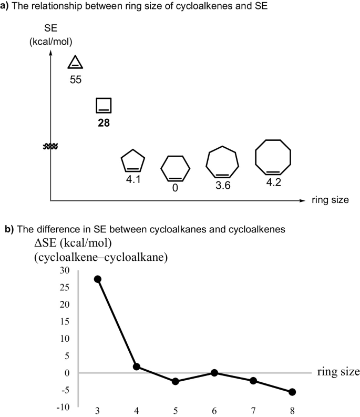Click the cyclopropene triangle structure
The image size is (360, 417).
coord(76,63)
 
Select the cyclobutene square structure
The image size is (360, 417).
coord(104,105)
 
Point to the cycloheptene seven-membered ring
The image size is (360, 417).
coord(222,162)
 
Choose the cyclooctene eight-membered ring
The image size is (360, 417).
coord(273,157)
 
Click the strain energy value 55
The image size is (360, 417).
coord(76,81)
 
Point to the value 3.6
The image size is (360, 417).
coord(223,185)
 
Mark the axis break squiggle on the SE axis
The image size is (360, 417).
coord(50,147)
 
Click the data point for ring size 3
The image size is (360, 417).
coord(97,279)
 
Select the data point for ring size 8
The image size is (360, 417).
coord(292,392)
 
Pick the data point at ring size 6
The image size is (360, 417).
coord(214,373)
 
